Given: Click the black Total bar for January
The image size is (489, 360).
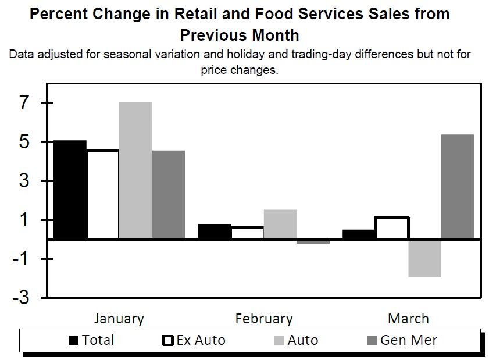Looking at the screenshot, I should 69,190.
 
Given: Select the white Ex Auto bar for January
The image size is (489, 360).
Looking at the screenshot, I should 102,194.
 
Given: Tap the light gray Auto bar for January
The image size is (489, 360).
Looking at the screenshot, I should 135,170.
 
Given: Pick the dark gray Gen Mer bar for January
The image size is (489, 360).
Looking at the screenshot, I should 169,194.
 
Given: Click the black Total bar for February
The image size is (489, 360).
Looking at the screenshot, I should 214,231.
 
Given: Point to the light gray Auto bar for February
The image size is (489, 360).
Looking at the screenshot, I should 280,224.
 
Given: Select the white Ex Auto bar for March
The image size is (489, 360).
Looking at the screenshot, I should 392,227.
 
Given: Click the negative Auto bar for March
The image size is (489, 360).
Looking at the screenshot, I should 424,258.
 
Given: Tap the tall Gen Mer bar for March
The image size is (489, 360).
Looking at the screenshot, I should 458,186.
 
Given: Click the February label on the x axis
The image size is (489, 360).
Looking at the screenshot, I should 264,319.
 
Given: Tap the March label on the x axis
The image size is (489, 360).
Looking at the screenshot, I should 408,319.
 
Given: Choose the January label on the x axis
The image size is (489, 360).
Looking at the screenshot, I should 119,319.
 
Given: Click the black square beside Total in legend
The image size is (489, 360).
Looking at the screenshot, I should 74,341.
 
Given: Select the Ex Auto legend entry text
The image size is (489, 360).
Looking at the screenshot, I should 201,340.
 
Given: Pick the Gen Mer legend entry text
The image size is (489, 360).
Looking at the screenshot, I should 409,340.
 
